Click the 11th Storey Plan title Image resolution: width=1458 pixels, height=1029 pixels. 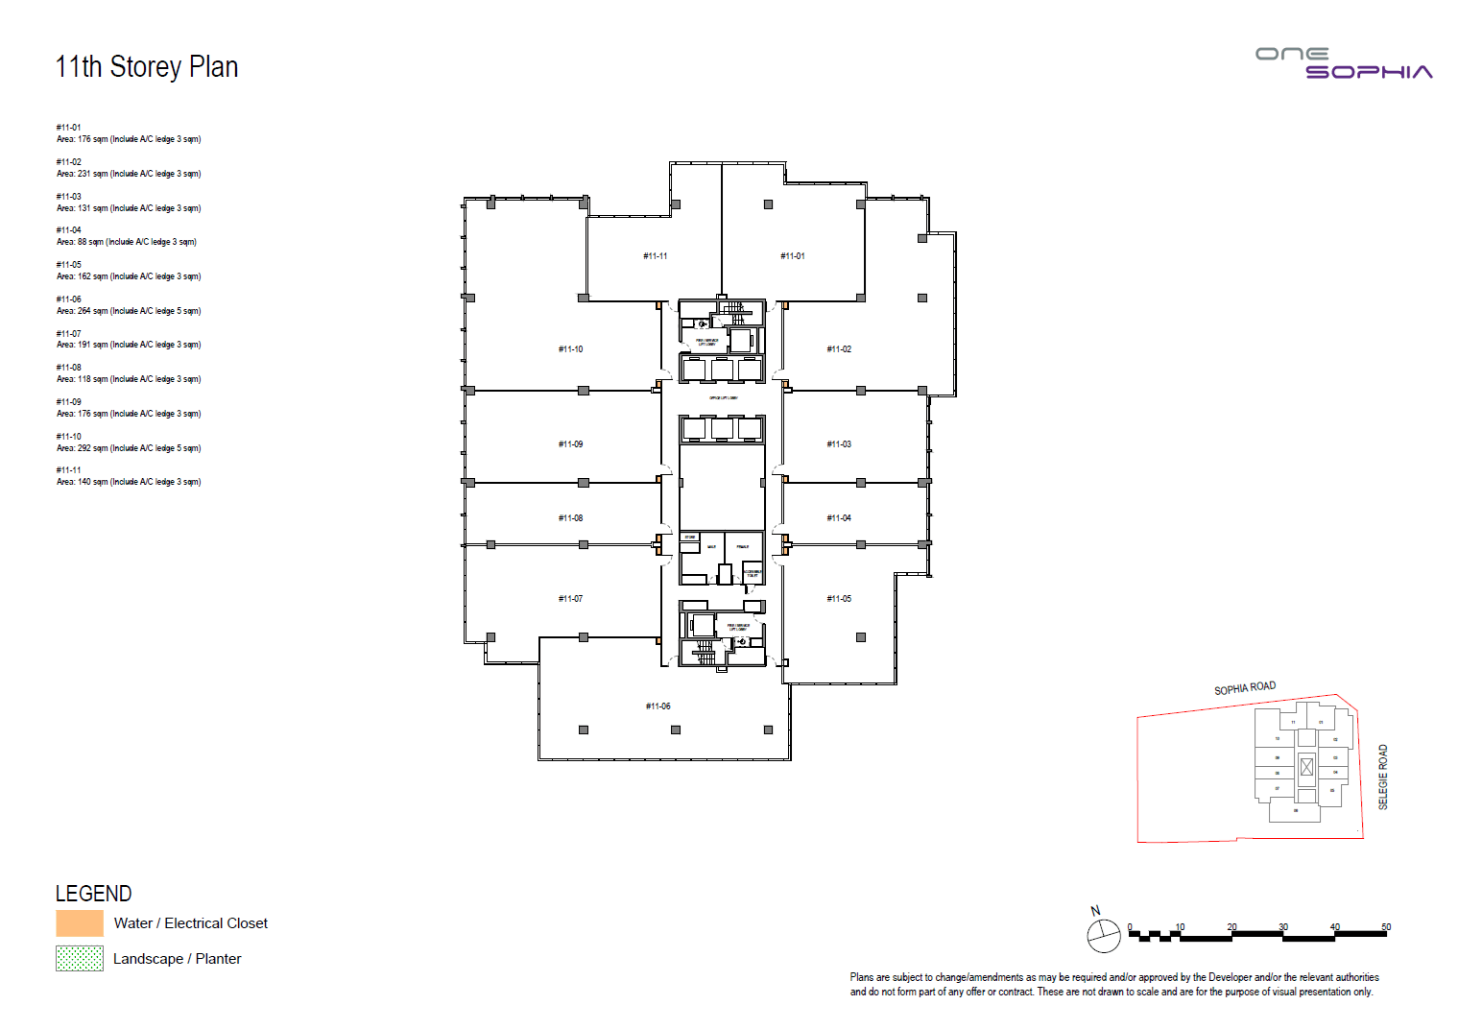(147, 67)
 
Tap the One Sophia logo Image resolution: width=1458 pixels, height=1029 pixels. (1343, 63)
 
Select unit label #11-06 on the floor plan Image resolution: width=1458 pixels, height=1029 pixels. (657, 706)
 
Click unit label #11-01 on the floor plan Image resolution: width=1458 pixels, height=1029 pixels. (792, 256)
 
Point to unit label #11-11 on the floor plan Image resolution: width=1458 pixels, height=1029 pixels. (655, 256)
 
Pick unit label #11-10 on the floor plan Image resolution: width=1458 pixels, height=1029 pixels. (570, 349)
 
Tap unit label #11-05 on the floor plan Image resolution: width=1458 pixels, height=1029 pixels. (838, 599)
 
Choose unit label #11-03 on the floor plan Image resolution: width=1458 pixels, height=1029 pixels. (838, 444)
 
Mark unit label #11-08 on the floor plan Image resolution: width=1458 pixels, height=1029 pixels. (570, 518)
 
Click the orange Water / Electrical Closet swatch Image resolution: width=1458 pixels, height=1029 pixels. (80, 923)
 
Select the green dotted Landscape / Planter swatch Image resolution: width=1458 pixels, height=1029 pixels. (80, 958)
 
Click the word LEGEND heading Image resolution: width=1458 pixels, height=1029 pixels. (93, 894)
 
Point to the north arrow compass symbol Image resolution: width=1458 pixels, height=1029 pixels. (1103, 935)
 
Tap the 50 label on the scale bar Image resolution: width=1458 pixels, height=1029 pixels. (1385, 927)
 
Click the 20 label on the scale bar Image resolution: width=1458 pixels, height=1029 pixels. (1231, 927)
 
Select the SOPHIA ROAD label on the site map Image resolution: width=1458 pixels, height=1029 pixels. (1244, 688)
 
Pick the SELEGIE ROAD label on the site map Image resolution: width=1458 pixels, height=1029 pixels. (1383, 777)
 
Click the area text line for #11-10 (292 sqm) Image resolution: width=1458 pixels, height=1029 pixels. (129, 448)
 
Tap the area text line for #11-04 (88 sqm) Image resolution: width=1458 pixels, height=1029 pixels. (126, 242)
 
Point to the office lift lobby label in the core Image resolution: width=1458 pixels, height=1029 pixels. (723, 397)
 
